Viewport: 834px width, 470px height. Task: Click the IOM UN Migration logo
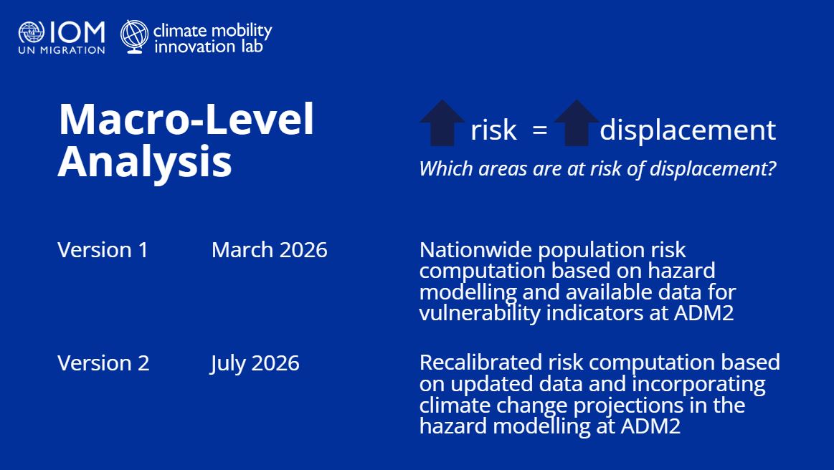62,38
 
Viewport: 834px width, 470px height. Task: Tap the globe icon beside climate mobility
134,37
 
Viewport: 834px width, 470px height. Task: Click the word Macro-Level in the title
186,120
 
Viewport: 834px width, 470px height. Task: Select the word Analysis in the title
145,162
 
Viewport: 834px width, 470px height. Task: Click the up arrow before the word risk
442,123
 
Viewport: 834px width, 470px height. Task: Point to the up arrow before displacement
577,123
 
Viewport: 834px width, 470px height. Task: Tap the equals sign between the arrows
540,130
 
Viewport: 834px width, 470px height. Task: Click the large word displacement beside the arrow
688,130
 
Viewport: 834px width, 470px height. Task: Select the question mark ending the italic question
771,168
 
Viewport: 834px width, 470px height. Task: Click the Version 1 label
103,250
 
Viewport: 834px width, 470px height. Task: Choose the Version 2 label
103,363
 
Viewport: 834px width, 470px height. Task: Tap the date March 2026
269,250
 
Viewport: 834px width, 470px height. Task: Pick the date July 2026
255,364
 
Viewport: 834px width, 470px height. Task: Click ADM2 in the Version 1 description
703,312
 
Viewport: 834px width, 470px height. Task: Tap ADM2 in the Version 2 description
650,426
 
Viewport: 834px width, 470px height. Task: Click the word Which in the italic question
446,168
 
